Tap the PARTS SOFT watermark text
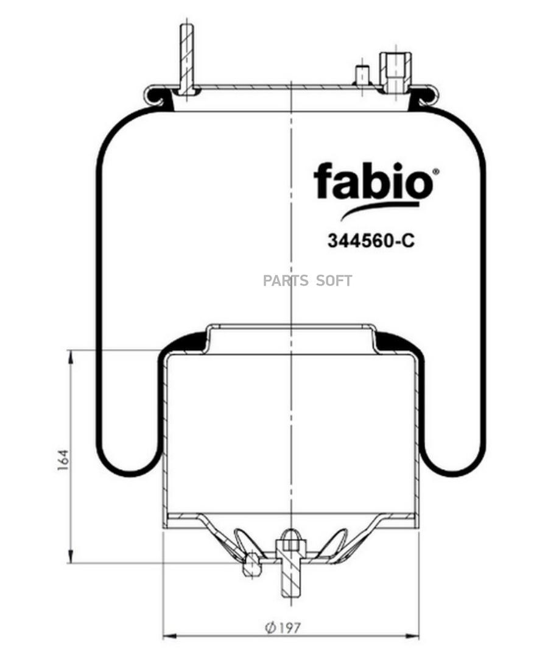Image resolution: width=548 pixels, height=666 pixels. click(307, 281)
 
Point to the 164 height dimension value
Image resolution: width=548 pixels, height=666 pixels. click(63, 460)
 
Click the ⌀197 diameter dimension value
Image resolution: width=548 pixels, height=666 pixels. click(283, 626)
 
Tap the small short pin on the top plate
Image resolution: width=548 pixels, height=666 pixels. click(362, 75)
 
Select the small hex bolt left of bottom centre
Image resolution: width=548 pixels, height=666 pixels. click(251, 565)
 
